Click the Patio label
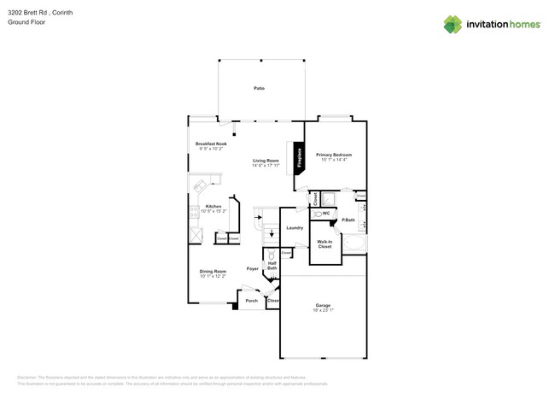(x=258, y=88)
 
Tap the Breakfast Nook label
(x=210, y=144)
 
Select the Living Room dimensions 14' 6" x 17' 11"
(x=266, y=165)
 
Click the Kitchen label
(x=213, y=206)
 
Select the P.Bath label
(x=348, y=220)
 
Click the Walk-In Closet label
(x=324, y=243)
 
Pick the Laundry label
(x=295, y=227)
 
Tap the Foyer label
(x=253, y=268)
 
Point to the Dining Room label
(x=213, y=271)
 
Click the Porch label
(x=251, y=301)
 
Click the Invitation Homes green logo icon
(x=453, y=24)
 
